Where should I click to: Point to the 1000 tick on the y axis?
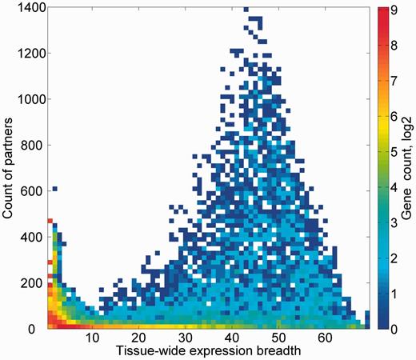point(30,99)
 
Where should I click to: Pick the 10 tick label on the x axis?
point(94,338)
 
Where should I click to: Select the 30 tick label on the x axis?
point(186,338)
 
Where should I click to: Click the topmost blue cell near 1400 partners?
point(246,10)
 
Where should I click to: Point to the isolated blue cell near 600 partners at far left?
point(54,189)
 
